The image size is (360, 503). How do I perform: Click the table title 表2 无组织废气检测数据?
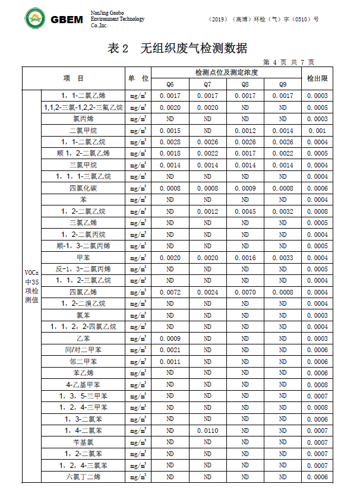click(x=177, y=48)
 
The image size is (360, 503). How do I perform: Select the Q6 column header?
click(x=170, y=84)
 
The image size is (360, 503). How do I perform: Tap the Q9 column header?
click(x=283, y=84)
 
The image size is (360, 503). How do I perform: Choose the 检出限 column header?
click(x=317, y=78)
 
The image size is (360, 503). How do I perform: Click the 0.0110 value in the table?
click(x=207, y=431)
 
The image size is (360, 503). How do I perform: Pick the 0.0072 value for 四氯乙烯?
click(x=170, y=292)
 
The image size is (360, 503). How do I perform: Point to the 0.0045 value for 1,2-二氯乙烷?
click(x=245, y=211)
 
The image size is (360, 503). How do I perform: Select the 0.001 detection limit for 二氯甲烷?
click(x=317, y=131)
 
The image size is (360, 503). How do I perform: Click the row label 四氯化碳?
click(x=83, y=188)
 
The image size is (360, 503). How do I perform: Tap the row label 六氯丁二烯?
click(x=83, y=477)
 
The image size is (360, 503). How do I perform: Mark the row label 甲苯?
click(x=83, y=258)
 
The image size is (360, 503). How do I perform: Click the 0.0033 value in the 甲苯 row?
click(x=283, y=258)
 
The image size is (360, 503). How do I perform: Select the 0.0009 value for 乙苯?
click(x=170, y=339)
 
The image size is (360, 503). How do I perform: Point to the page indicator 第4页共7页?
click(x=288, y=62)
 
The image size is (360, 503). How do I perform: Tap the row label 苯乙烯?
click(x=83, y=373)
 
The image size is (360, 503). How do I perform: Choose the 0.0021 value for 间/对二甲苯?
click(x=170, y=350)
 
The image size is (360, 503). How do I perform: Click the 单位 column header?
click(x=138, y=78)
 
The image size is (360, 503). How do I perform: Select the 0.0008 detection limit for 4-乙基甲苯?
click(x=317, y=385)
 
